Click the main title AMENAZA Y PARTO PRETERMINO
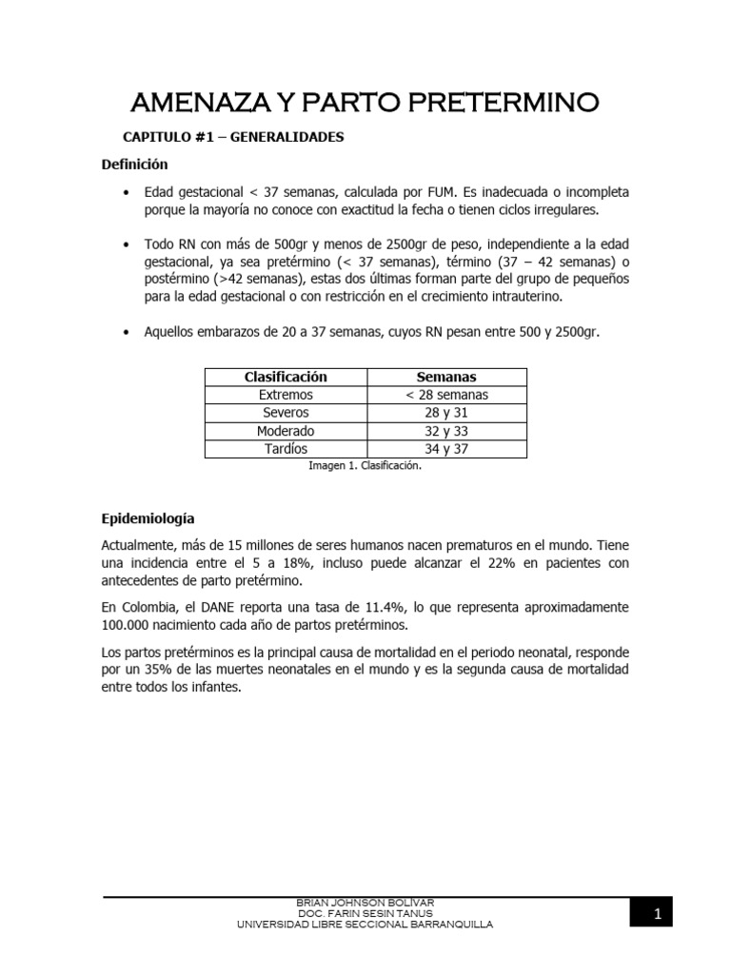(365, 102)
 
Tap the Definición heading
(134, 165)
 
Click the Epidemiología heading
(148, 519)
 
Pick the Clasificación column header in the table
(286, 377)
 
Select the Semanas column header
(446, 377)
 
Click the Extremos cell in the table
(286, 395)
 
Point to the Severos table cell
(286, 413)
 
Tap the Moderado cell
(286, 431)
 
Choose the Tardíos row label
(286, 449)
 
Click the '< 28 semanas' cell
(446, 395)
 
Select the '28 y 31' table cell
(446, 413)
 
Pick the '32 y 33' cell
(446, 431)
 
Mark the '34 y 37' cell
(446, 449)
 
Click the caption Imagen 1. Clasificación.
(365, 466)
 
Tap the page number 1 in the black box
(656, 915)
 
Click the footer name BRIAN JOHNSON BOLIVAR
(365, 902)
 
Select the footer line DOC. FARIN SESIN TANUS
(365, 913)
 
